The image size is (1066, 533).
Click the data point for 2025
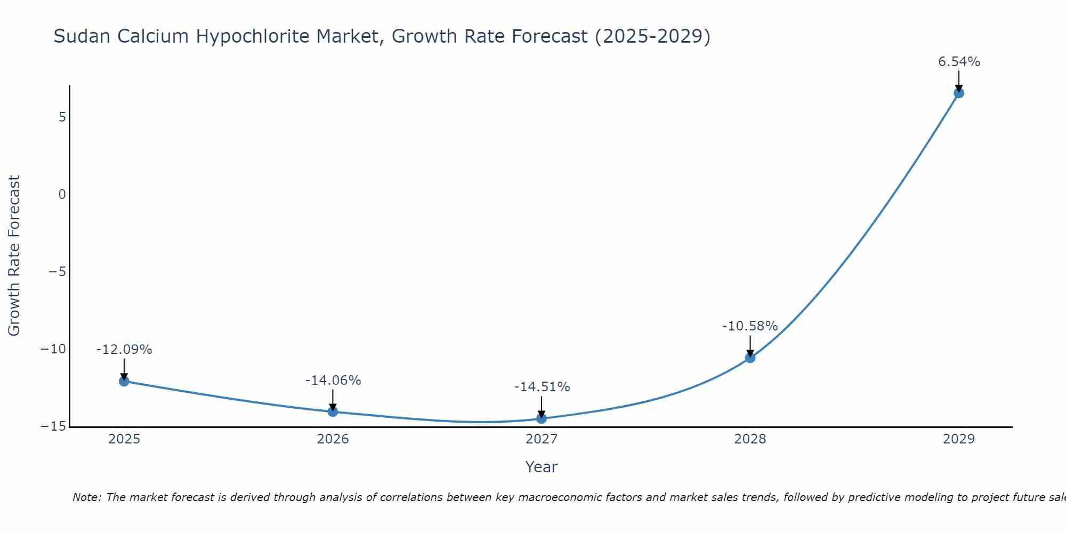[124, 381]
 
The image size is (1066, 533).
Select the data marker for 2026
[333, 411]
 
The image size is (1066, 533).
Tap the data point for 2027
[542, 418]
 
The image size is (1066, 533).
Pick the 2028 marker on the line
[750, 358]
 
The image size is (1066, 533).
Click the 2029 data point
[958, 93]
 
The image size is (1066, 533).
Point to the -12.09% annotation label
[124, 350]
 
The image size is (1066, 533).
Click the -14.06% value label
[333, 381]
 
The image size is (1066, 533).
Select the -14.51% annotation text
[542, 387]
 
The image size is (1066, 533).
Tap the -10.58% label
[750, 326]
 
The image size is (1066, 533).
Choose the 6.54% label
[959, 62]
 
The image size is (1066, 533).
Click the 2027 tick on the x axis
[542, 439]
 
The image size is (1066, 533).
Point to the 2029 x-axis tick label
[958, 439]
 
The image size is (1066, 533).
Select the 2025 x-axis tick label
[124, 439]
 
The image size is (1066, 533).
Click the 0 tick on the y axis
[62, 195]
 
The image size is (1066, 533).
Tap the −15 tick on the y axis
[53, 427]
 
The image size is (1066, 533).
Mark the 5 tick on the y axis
[62, 117]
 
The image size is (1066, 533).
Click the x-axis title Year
[542, 467]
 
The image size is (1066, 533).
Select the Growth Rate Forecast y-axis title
[14, 256]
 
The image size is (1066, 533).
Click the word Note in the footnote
[86, 497]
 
